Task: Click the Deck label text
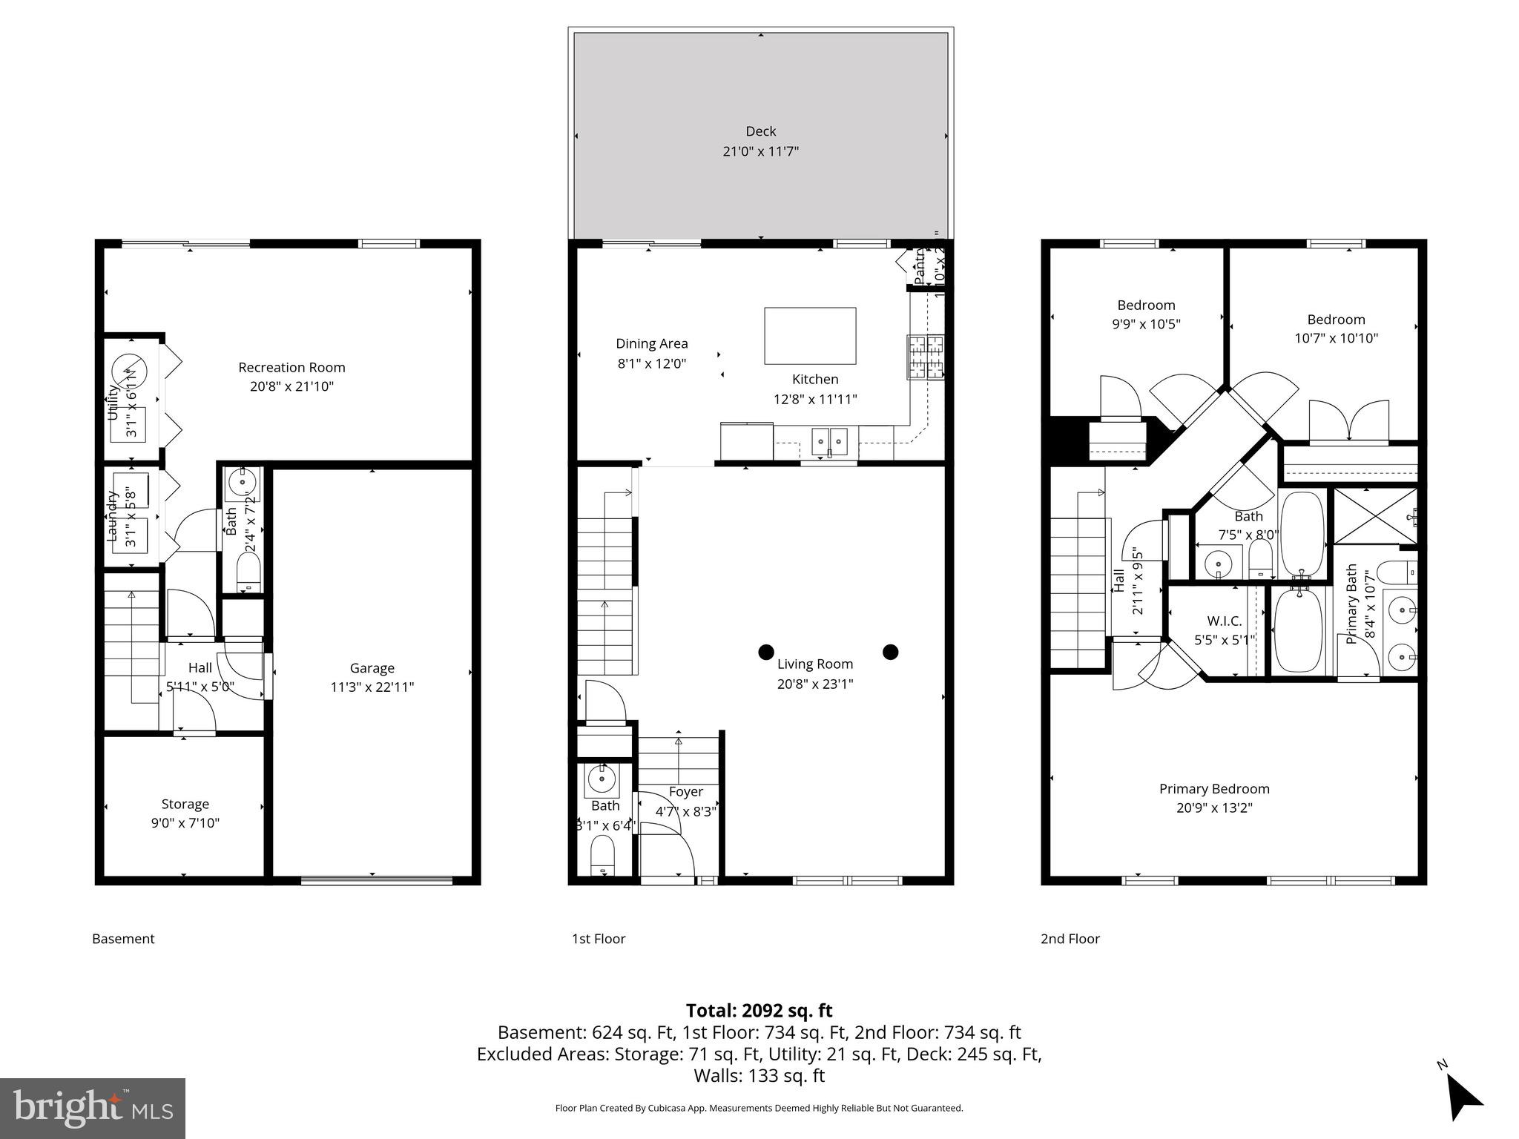tap(760, 131)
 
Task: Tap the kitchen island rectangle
tap(810, 336)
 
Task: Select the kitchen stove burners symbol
tap(926, 359)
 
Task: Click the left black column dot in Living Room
tap(766, 652)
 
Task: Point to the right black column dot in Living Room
tap(891, 652)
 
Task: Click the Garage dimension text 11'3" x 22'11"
tap(372, 687)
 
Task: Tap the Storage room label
tap(185, 804)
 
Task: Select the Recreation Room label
tap(291, 367)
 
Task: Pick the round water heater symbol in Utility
tap(130, 372)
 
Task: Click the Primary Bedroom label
tap(1214, 789)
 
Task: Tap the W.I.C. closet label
tap(1224, 621)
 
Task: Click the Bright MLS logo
tap(93, 1108)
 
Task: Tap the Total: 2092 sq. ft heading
tap(759, 1011)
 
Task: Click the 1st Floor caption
tap(598, 939)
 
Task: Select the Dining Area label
tap(651, 343)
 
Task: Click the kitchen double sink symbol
tap(829, 441)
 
